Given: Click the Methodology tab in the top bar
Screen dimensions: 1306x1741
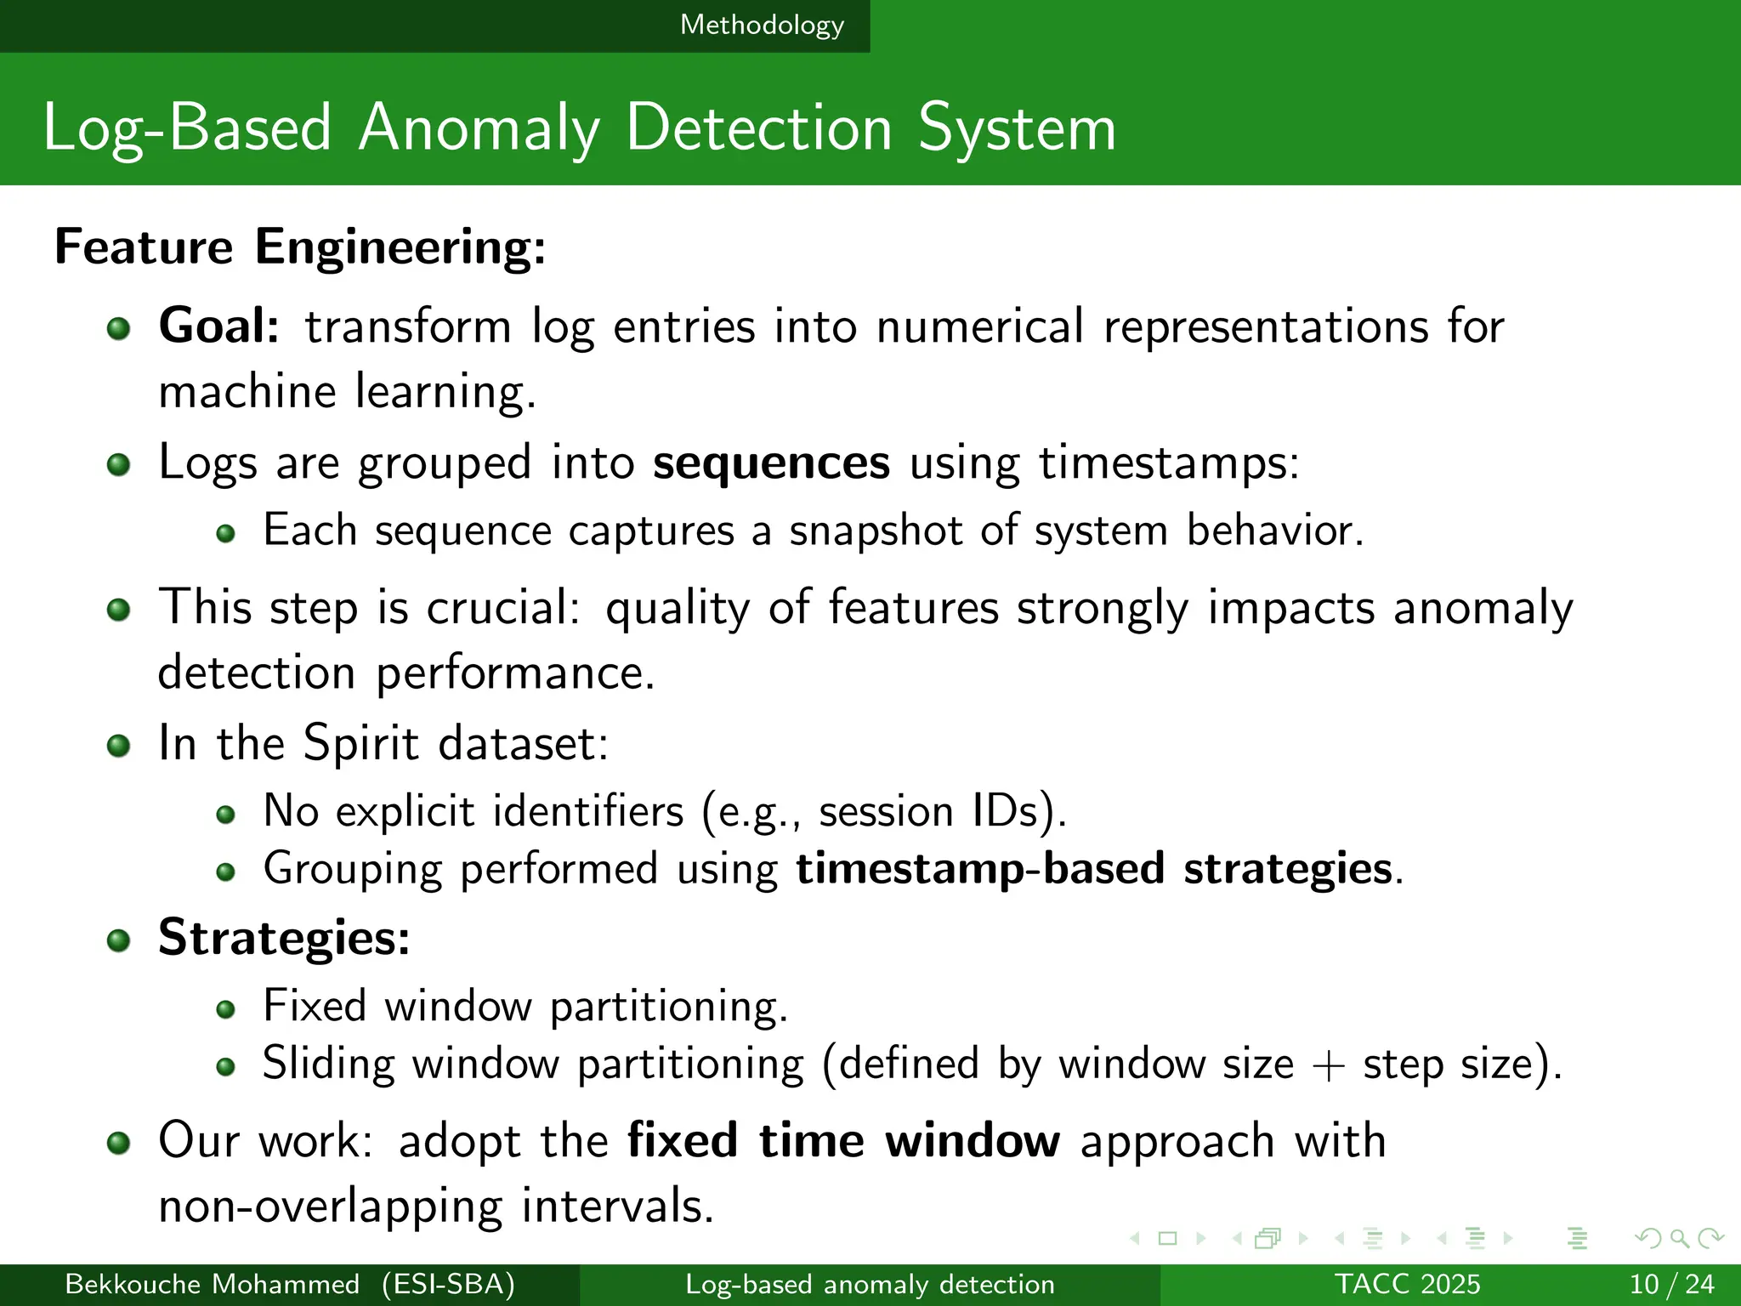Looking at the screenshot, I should click(x=762, y=26).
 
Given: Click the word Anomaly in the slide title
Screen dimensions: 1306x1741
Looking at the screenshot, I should click(x=479, y=129).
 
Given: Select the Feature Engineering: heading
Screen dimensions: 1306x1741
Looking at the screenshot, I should click(x=300, y=247).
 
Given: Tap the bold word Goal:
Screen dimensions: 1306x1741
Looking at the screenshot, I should click(x=219, y=326).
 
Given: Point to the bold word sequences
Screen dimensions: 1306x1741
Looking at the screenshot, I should click(x=771, y=463).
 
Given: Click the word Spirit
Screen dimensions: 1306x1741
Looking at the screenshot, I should click(x=361, y=743).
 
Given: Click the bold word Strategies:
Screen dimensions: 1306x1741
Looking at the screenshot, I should click(x=284, y=938).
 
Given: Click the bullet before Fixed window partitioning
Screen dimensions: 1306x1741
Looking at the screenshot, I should click(x=225, y=1009).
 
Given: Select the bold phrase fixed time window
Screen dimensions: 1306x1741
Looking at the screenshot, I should click(x=843, y=1141).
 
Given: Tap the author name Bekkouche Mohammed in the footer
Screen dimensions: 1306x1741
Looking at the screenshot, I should click(x=213, y=1284).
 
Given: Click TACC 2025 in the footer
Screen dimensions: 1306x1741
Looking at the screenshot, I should click(x=1407, y=1284).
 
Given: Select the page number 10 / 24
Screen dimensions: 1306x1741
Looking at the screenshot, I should click(x=1671, y=1284).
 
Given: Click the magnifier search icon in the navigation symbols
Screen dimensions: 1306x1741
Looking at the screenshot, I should click(x=1679, y=1239).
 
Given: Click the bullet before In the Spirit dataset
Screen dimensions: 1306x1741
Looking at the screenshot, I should click(x=119, y=747).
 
